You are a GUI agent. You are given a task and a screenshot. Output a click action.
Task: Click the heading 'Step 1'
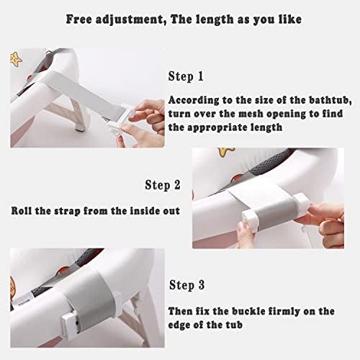click(186, 77)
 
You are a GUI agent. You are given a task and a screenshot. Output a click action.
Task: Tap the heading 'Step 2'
click(163, 185)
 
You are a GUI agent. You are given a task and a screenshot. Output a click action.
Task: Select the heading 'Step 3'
click(187, 285)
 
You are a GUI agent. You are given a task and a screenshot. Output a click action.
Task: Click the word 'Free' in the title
click(78, 19)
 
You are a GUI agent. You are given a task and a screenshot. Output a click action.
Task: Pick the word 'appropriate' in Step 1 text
click(217, 127)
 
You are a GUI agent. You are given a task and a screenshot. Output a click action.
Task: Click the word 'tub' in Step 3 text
click(234, 325)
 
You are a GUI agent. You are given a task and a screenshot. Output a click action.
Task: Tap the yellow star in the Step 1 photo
click(16, 60)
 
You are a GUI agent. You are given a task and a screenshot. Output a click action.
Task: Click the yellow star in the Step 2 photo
click(225, 152)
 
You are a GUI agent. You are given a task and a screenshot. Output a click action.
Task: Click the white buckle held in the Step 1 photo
click(120, 122)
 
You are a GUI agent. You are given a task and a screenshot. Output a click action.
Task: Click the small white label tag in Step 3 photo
click(23, 300)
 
